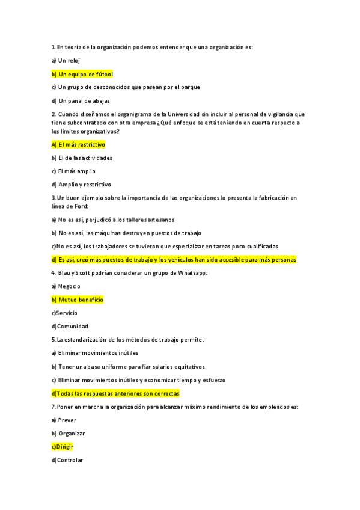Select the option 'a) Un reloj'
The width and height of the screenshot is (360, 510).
click(x=66, y=61)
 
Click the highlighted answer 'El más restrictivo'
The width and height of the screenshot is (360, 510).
click(x=78, y=145)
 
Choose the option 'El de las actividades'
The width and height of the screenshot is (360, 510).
click(x=82, y=158)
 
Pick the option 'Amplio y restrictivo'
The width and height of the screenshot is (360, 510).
click(x=81, y=185)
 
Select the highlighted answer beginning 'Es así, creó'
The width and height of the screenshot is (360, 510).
click(x=174, y=260)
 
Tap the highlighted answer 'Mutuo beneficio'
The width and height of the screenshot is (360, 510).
click(x=78, y=300)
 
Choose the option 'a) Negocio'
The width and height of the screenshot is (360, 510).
click(x=66, y=286)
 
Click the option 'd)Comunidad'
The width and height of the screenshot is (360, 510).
click(x=70, y=326)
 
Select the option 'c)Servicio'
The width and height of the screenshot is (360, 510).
click(x=64, y=313)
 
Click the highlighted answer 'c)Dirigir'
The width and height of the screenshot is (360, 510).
click(x=63, y=447)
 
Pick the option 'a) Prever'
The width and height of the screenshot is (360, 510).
click(x=64, y=420)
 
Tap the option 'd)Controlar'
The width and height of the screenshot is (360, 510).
click(x=67, y=460)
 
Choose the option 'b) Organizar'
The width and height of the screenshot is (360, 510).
click(x=68, y=434)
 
